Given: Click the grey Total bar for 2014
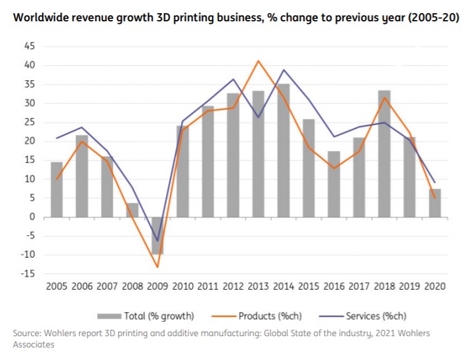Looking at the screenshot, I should pyautogui.click(x=284, y=151).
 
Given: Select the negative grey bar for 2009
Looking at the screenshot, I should pyautogui.click(x=157, y=235).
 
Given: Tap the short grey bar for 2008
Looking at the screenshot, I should pyautogui.click(x=132, y=210).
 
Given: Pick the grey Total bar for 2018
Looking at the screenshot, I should pyautogui.click(x=384, y=154).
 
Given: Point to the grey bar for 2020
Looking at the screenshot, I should pyautogui.click(x=435, y=203).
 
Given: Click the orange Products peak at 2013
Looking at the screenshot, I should pyautogui.click(x=258, y=61).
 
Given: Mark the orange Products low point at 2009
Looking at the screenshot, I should pyautogui.click(x=157, y=267).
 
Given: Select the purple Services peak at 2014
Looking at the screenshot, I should pyautogui.click(x=284, y=70).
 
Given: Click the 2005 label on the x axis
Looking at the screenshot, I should pyautogui.click(x=56, y=287).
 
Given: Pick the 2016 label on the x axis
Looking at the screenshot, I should pyautogui.click(x=334, y=287).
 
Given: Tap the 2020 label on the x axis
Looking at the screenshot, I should pyautogui.click(x=435, y=287).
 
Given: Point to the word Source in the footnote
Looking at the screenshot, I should pyautogui.click(x=26, y=334).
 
